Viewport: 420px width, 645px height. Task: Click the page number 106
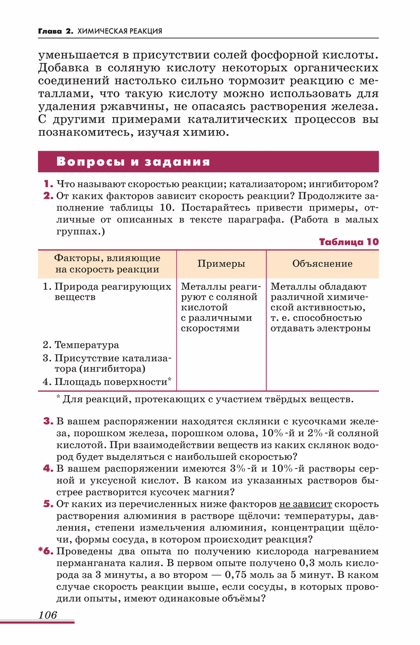point(47,614)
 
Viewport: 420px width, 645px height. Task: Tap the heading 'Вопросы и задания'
point(133,162)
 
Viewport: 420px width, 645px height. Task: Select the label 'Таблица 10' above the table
point(349,242)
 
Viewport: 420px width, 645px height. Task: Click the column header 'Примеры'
point(221,263)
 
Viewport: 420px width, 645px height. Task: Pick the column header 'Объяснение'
point(322,263)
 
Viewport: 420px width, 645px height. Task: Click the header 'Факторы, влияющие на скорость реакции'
point(107,263)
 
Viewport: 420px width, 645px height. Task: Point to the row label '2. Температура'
point(81,345)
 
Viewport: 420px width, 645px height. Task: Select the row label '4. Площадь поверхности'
point(107,381)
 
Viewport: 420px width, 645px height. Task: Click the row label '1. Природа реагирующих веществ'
point(107,291)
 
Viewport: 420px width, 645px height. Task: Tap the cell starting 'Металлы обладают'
point(320,307)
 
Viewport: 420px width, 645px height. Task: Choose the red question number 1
point(48,184)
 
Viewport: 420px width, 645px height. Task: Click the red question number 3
point(48,421)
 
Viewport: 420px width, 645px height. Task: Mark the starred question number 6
point(46,551)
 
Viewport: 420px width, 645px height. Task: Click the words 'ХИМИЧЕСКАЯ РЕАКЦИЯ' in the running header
point(120,31)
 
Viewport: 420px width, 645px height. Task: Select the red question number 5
point(48,504)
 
